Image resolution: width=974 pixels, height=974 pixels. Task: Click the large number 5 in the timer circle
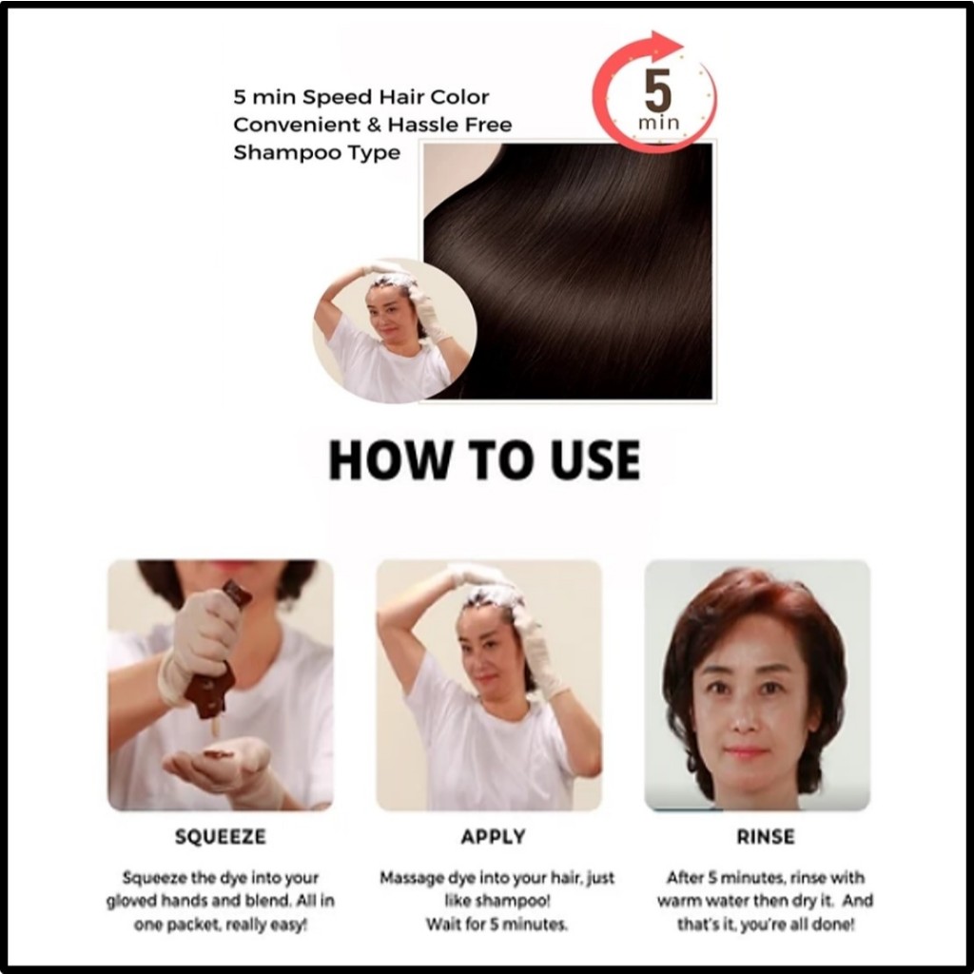[x=658, y=89]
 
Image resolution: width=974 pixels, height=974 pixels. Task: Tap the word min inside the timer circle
[x=658, y=123]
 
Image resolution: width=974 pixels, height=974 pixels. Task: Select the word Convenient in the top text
[x=297, y=125]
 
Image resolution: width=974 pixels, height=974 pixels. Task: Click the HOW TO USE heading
[x=484, y=460]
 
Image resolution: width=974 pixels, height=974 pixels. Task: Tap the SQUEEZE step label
[x=221, y=837]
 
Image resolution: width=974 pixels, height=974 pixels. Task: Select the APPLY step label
[x=494, y=837]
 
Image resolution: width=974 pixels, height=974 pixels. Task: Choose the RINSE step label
[x=766, y=837]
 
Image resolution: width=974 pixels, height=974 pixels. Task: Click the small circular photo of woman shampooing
[x=395, y=330]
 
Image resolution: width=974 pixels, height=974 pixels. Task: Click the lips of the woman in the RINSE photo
[x=746, y=753]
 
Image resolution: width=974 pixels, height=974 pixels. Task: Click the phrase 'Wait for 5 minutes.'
[x=497, y=925]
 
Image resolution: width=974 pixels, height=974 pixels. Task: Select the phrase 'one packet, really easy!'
[x=221, y=925]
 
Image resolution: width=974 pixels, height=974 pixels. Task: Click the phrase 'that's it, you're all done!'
[x=766, y=925]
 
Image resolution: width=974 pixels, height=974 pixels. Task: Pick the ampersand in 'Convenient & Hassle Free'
[x=374, y=125]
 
